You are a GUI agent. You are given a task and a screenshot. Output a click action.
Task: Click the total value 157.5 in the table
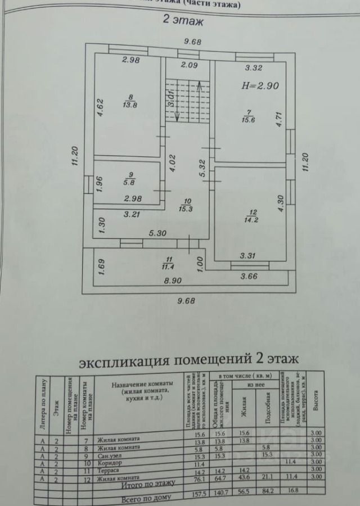(194, 497)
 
